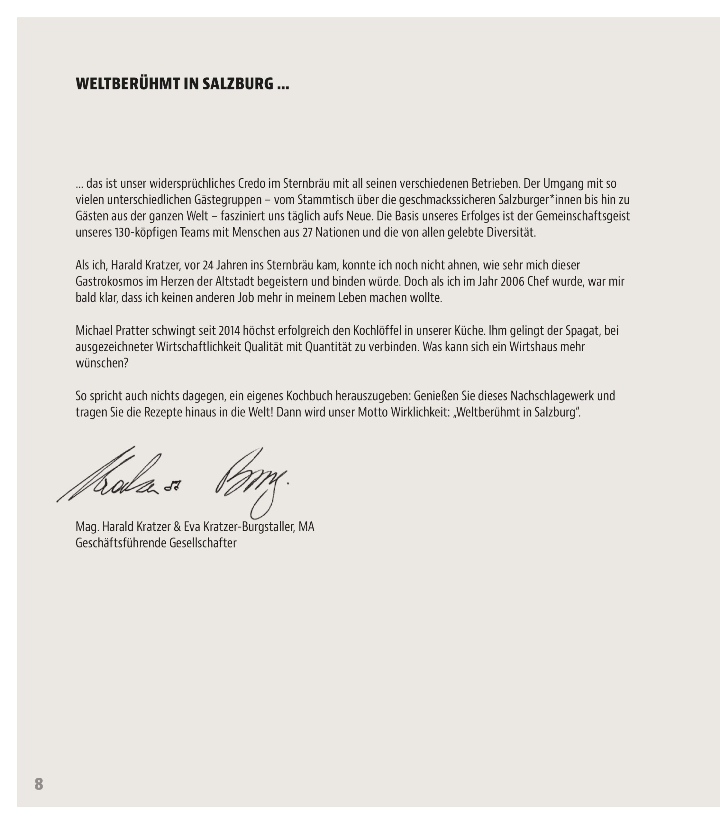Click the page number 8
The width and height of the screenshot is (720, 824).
[x=39, y=784]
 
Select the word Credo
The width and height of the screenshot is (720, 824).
[x=252, y=183]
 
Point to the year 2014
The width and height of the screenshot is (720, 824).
[x=229, y=331]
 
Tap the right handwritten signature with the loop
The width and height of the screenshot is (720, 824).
[x=251, y=482]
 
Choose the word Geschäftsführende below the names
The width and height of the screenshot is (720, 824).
[x=121, y=543]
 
